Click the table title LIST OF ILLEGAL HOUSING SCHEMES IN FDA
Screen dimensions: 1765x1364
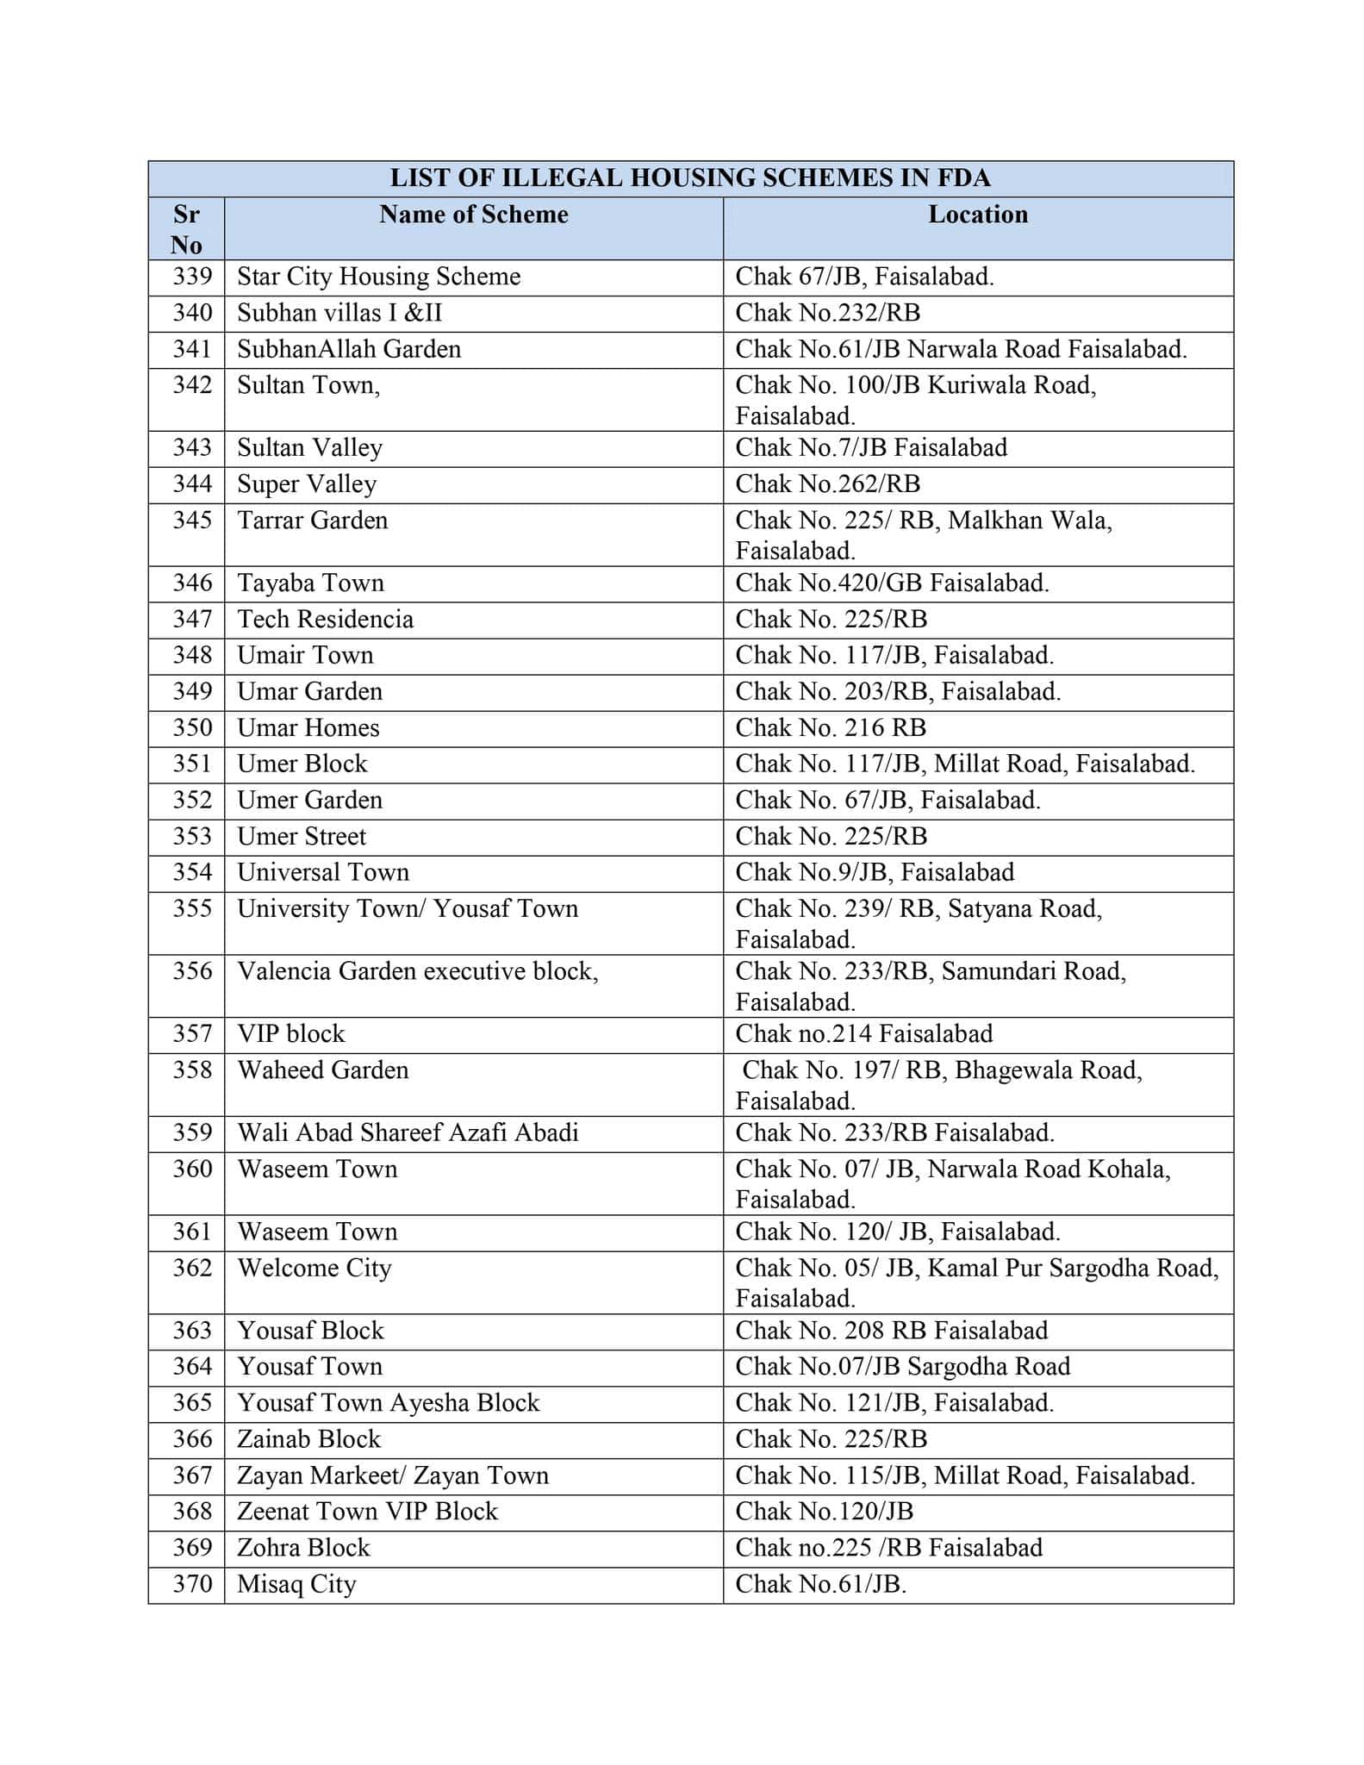(690, 178)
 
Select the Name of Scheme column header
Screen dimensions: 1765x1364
(473, 215)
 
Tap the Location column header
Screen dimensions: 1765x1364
(977, 215)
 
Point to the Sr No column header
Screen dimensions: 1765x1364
(186, 229)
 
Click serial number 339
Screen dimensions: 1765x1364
(192, 277)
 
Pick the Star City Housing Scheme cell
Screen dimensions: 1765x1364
(379, 277)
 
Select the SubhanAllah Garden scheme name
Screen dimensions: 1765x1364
(349, 349)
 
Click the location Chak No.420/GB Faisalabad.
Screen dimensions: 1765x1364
(892, 583)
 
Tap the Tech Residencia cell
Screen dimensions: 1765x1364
(326, 620)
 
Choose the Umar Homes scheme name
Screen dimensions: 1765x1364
(308, 728)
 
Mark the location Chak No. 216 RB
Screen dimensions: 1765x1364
(831, 728)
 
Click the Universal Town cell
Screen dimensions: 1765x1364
(323, 873)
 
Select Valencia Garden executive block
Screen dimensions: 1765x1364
(418, 972)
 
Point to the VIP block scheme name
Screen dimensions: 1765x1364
(291, 1034)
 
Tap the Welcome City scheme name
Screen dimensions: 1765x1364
(315, 1269)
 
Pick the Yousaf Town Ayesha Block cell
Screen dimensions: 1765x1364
(389, 1403)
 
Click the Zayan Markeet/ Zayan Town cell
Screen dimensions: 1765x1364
(393, 1475)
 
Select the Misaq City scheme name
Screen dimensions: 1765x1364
(296, 1584)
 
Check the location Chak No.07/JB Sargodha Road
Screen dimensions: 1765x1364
(902, 1367)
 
